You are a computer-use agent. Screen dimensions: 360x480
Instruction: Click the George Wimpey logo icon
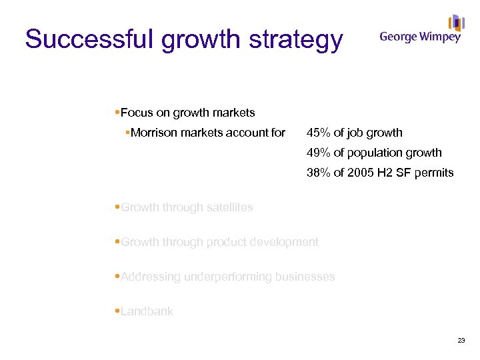coord(457,23)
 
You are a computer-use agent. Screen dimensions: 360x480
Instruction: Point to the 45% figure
coord(319,133)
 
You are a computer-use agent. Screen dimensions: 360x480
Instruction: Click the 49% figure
coord(319,153)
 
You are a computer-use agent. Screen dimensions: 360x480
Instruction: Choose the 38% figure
coord(319,173)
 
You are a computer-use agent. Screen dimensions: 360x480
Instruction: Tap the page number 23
coord(461,341)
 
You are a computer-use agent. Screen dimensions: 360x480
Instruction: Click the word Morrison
coord(154,133)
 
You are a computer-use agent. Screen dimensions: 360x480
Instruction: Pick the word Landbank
coord(147,311)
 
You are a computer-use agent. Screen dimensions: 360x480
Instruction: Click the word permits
coord(435,173)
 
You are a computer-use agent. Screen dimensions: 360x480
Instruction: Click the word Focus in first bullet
coord(137,113)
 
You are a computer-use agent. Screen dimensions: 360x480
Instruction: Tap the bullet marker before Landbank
coord(117,311)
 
